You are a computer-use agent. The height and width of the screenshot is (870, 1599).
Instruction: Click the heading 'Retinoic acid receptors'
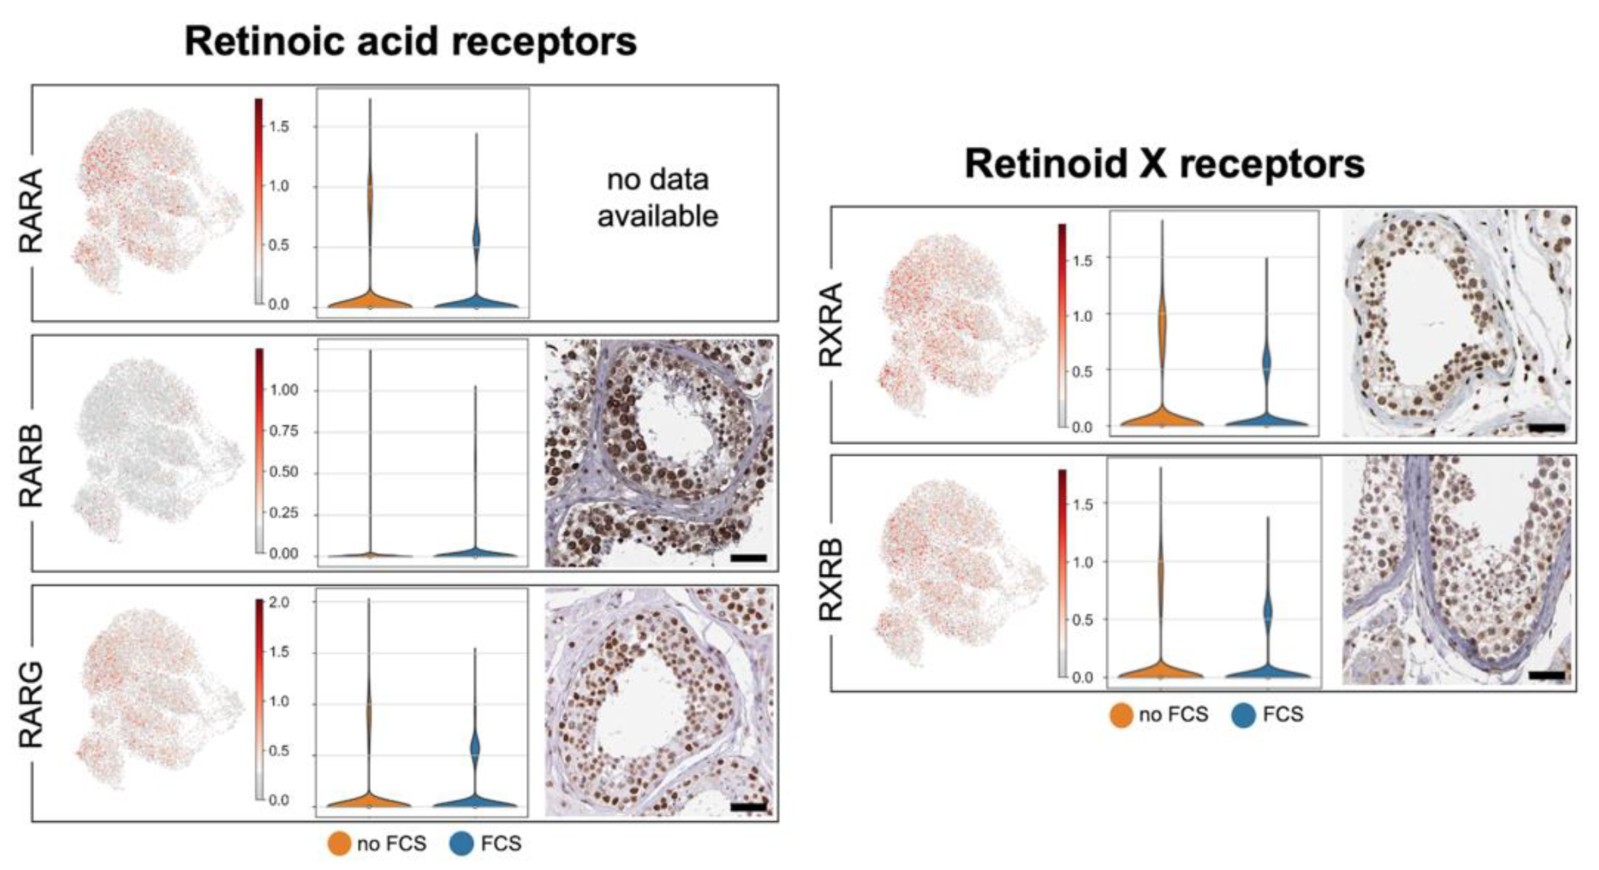coord(410,42)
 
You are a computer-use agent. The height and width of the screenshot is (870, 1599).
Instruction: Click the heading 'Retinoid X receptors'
coord(1164,165)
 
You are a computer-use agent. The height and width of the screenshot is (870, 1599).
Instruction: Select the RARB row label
coord(31,466)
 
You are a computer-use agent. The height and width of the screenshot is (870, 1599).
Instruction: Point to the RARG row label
coord(31,705)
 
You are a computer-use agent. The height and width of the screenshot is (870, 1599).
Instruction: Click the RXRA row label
coord(830,324)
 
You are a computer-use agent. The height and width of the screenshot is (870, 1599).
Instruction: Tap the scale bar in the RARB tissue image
coord(749,558)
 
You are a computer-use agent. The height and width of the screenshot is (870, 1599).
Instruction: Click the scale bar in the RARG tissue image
coord(749,807)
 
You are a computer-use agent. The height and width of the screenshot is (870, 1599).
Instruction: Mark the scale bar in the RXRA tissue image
coord(1547,427)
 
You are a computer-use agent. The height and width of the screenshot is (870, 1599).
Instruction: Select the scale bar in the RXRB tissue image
coord(1547,675)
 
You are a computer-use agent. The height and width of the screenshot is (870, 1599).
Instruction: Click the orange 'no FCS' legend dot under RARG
coord(339,844)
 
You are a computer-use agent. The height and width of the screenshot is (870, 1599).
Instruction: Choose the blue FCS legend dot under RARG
coord(462,844)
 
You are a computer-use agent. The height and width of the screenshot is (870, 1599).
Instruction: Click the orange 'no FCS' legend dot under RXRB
coord(1121,715)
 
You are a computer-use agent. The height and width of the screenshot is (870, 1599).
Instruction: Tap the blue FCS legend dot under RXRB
coord(1244,715)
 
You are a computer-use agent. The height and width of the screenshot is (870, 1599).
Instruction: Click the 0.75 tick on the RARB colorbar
coord(283,431)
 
